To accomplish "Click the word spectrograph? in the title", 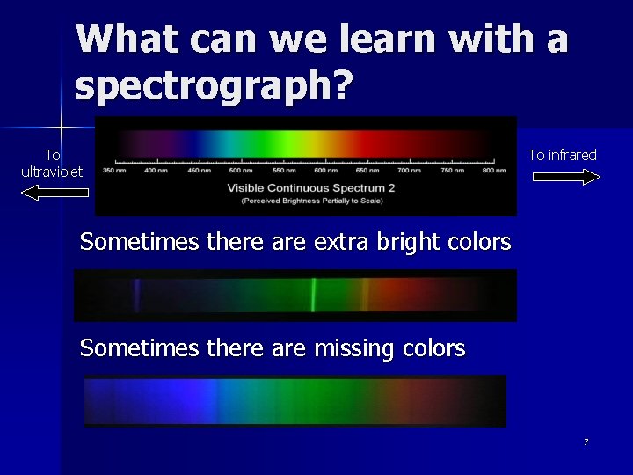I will [214, 85].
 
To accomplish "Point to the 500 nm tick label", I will [240, 171].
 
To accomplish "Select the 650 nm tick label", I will [367, 171].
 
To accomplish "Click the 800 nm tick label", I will [493, 171].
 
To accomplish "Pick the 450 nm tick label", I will [199, 171].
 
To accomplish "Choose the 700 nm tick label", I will [409, 171].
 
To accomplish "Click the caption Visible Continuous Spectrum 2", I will [311, 187].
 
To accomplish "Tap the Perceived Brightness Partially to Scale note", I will [311, 201].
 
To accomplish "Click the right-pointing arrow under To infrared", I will [566, 177].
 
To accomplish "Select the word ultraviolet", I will [52, 172].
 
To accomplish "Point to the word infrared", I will [575, 155].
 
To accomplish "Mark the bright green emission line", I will [313, 295].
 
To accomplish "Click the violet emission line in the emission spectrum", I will [135, 295].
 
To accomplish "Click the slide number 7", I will [586, 442].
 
